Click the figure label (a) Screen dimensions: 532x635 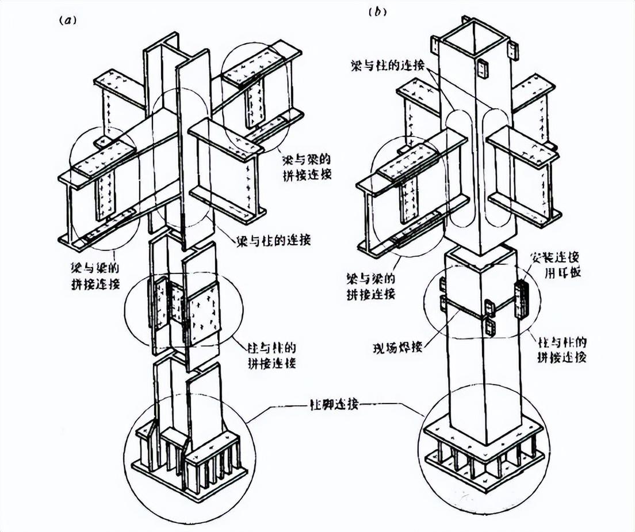[x=67, y=19]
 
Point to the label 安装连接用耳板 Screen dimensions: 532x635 [x=556, y=264]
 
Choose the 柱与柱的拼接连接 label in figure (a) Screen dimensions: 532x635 [x=271, y=355]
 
